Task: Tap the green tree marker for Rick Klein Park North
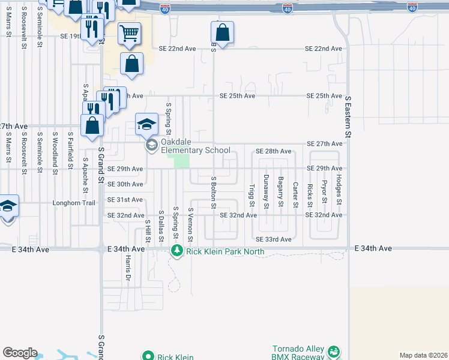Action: coord(176,250)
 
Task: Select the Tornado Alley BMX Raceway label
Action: coord(290,353)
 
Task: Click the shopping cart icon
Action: coord(129,35)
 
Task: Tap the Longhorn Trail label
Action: coord(74,203)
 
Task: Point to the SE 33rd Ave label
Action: coord(273,239)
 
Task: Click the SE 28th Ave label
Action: coord(273,151)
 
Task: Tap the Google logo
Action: coord(20,353)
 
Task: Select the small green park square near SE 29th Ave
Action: coord(181,161)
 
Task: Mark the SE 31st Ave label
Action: coord(125,199)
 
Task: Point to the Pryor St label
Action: coord(324,192)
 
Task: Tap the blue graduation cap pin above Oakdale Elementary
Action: coord(146,125)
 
